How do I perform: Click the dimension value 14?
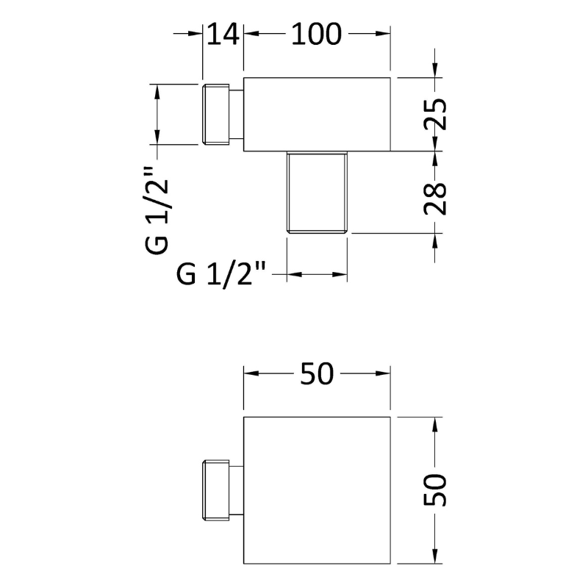(x=223, y=34)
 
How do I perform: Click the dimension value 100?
(x=317, y=34)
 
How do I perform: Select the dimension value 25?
(x=435, y=114)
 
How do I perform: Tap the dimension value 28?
(x=435, y=198)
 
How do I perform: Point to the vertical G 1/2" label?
(x=157, y=210)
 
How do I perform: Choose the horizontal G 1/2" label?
(x=221, y=274)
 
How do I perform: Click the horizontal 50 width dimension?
(x=317, y=373)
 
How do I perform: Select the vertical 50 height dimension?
(x=435, y=490)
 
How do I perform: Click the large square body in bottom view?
(x=317, y=490)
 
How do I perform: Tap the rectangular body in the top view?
(x=317, y=115)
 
